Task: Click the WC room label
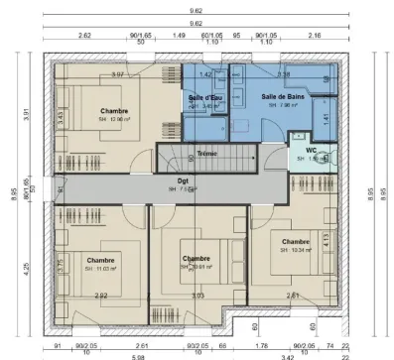pos(311,150)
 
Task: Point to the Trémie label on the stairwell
pos(206,154)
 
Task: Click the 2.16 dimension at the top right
pos(316,34)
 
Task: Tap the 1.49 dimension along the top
pos(179,34)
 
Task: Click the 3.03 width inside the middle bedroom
pos(197,296)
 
